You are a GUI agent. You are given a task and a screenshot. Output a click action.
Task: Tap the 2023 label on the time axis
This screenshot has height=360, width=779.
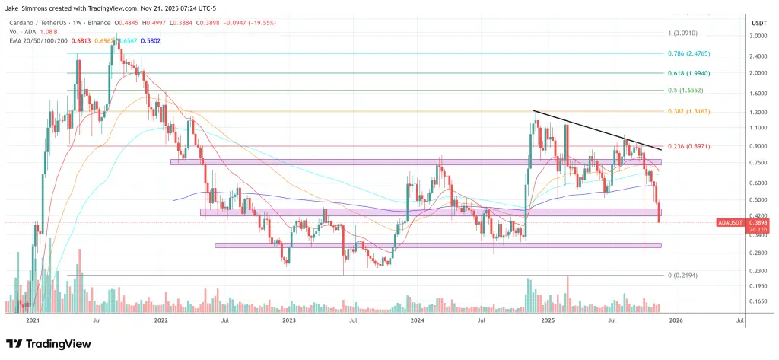click(x=289, y=320)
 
